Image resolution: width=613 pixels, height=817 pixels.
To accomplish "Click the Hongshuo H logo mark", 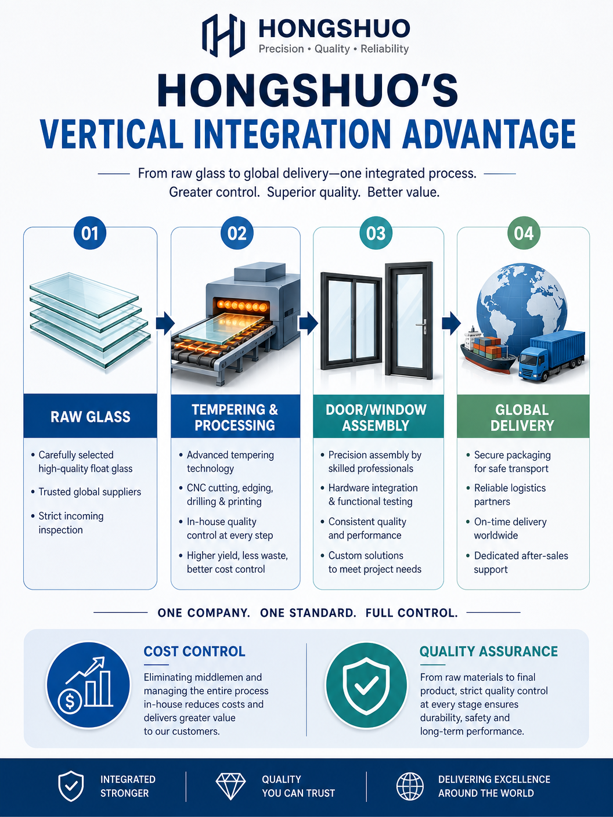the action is pyautogui.click(x=223, y=35).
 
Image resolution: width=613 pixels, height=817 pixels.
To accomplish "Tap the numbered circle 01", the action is pyautogui.click(x=90, y=233).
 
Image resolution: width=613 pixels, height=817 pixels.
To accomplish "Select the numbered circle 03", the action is pyautogui.click(x=376, y=233).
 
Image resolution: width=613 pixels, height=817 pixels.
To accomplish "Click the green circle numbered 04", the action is pyautogui.click(x=523, y=233).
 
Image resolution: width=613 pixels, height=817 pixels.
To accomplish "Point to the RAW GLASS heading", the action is pyautogui.click(x=91, y=417).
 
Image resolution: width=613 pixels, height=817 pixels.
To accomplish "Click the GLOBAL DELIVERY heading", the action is pyautogui.click(x=522, y=418).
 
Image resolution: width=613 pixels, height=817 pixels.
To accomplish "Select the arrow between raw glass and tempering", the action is pyautogui.click(x=165, y=323).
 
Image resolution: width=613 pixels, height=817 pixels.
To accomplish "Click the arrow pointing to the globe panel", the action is pyautogui.click(x=451, y=323).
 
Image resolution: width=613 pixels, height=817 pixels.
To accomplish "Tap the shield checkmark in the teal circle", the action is pyautogui.click(x=366, y=685).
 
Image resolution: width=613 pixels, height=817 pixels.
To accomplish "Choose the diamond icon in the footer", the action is pyautogui.click(x=231, y=791).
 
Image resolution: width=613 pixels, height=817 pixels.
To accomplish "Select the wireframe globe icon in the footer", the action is pyautogui.click(x=410, y=791).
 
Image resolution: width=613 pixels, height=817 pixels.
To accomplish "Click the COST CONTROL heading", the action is pyautogui.click(x=194, y=652).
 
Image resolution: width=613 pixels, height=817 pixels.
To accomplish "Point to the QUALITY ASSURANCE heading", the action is pyautogui.click(x=489, y=652).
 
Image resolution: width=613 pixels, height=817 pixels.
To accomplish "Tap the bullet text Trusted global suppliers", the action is pyautogui.click(x=90, y=492).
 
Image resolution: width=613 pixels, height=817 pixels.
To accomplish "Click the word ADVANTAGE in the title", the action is pyautogui.click(x=489, y=135).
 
